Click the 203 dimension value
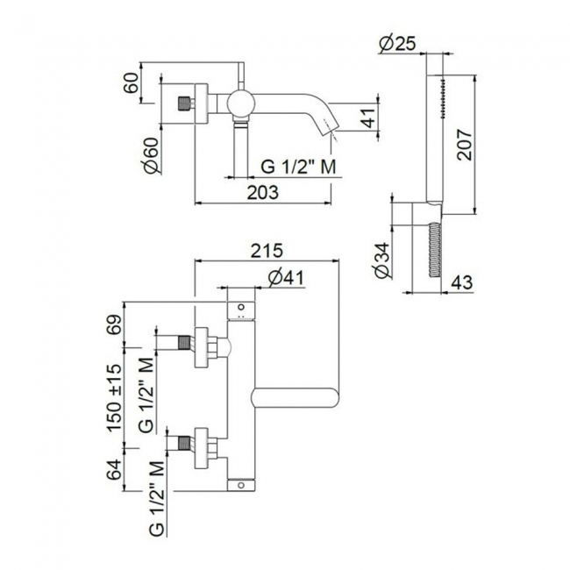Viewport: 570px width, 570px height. point(262,192)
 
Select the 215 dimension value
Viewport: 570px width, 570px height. point(267,251)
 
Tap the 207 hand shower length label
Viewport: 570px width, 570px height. point(465,145)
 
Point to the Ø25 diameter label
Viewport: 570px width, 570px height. point(397,45)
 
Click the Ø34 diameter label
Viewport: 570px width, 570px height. point(382,260)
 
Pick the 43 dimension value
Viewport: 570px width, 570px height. point(462,282)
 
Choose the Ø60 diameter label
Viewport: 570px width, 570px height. point(152,155)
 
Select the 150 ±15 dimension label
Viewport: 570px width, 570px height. point(114,397)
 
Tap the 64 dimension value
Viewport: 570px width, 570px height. point(114,470)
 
